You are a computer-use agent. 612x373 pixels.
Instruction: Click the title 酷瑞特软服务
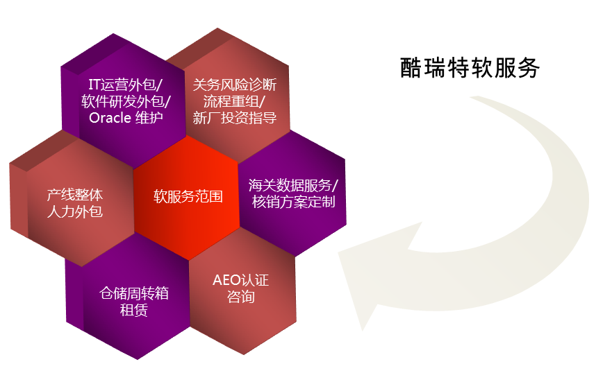pyautogui.click(x=470, y=68)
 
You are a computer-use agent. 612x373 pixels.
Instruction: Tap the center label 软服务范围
pyautogui.click(x=188, y=196)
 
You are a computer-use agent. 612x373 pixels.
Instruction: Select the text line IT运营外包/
pyautogui.click(x=125, y=85)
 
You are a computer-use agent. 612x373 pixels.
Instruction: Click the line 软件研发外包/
pyautogui.click(x=126, y=101)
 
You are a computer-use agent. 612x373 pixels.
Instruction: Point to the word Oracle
pyautogui.click(x=110, y=118)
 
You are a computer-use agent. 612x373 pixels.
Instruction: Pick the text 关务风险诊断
pyautogui.click(x=235, y=85)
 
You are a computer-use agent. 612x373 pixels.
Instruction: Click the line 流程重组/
pyautogui.click(x=234, y=101)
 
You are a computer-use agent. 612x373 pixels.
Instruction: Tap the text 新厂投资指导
pyautogui.click(x=235, y=118)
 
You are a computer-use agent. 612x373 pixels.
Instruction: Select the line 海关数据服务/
pyautogui.click(x=293, y=185)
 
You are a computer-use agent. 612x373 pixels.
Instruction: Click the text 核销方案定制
pyautogui.click(x=294, y=202)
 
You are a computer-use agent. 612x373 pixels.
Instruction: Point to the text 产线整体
pyautogui.click(x=75, y=195)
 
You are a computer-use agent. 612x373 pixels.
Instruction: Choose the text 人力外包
pyautogui.click(x=75, y=211)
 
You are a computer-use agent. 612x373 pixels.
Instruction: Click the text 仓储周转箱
pyautogui.click(x=134, y=293)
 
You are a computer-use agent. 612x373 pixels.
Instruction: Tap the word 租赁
pyautogui.click(x=134, y=310)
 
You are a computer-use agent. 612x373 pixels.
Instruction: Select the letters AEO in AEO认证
pyautogui.click(x=226, y=280)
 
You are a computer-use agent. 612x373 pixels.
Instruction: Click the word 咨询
pyautogui.click(x=241, y=297)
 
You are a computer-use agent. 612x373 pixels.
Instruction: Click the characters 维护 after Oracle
pyautogui.click(x=149, y=118)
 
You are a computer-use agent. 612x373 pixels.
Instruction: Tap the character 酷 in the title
pyautogui.click(x=411, y=68)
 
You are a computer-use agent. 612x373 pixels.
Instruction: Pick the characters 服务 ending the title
pyautogui.click(x=517, y=68)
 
